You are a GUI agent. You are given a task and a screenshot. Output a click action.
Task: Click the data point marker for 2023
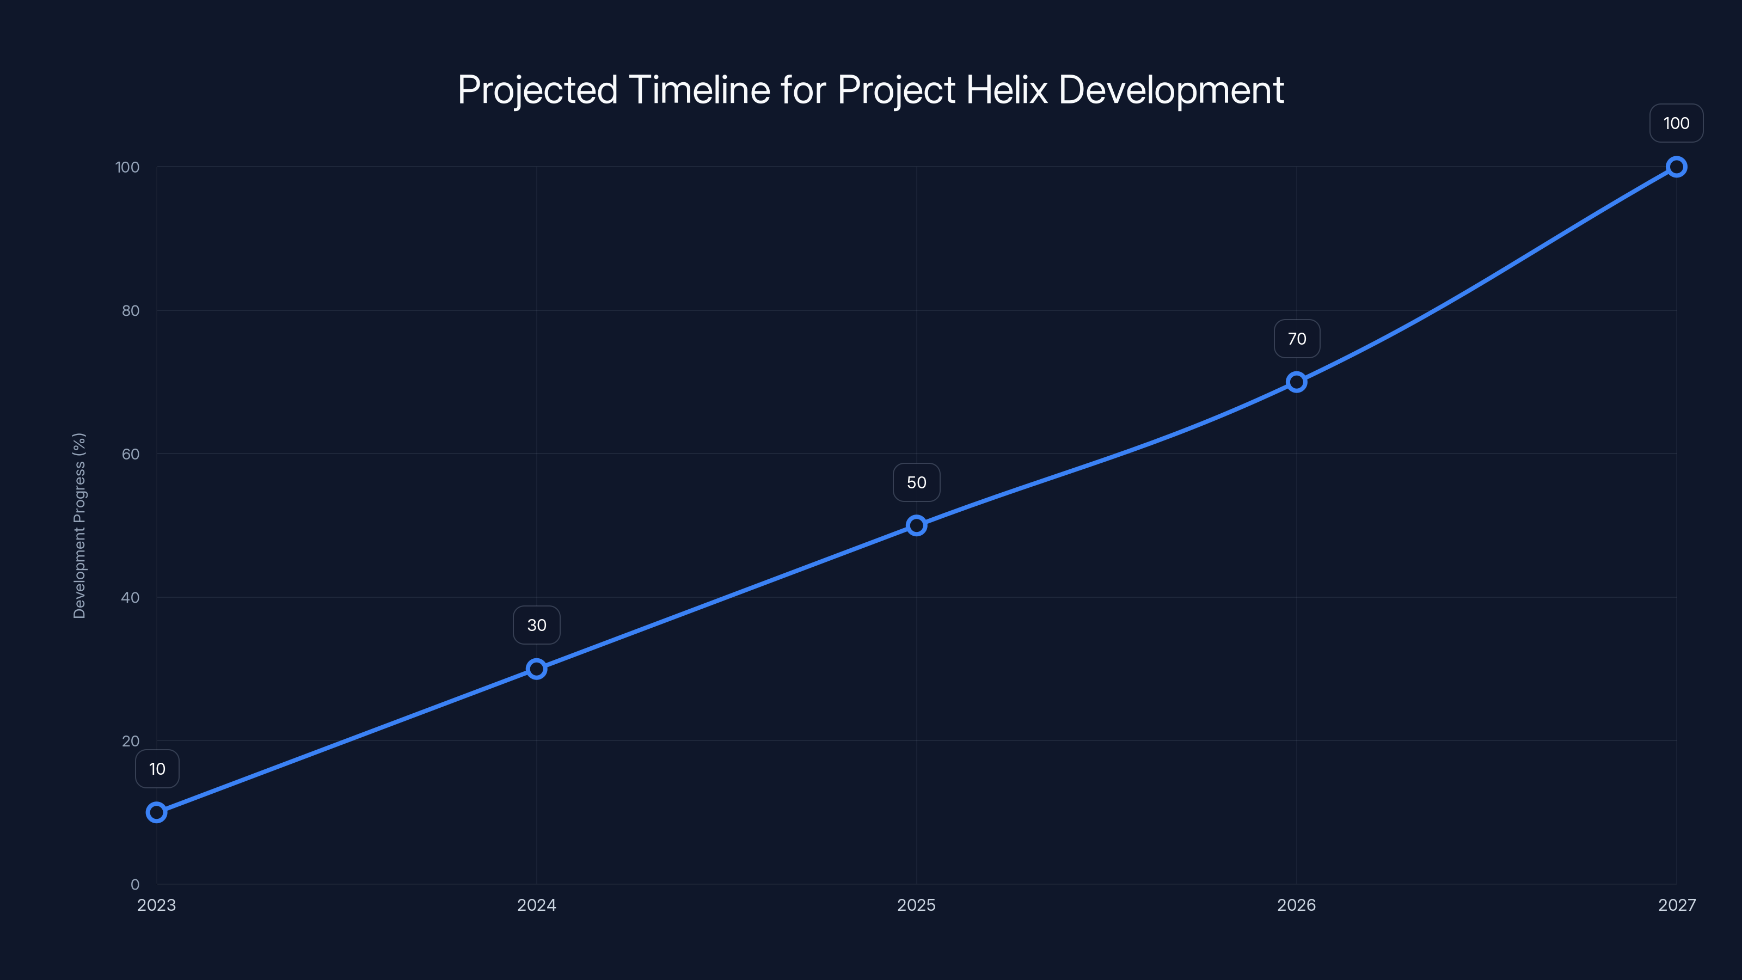click(x=157, y=812)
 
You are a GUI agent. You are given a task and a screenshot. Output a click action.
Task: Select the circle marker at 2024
click(x=536, y=669)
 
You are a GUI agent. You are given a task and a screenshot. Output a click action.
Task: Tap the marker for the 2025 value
click(x=916, y=525)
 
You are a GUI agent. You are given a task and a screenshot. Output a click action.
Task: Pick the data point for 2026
click(x=1296, y=382)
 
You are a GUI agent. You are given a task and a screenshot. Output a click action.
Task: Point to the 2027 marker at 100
click(x=1677, y=167)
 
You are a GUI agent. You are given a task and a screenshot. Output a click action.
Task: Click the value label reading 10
click(x=157, y=769)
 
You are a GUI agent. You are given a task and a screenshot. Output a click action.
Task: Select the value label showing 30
click(x=536, y=625)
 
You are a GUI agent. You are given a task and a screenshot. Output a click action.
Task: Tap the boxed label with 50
click(x=916, y=482)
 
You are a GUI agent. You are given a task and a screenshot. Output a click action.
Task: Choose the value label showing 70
click(x=1296, y=339)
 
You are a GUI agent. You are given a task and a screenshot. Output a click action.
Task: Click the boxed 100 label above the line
click(x=1677, y=123)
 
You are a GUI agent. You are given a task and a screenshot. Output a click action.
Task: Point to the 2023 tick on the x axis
click(x=157, y=905)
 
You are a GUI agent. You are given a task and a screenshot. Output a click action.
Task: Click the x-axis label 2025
click(x=916, y=905)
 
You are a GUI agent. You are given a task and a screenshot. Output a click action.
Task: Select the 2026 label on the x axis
click(x=1296, y=905)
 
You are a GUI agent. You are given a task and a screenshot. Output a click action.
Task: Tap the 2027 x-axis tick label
click(x=1677, y=905)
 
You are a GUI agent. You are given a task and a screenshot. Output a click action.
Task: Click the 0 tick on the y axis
click(x=134, y=884)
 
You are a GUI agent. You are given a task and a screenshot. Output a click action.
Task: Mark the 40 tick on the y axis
click(x=131, y=597)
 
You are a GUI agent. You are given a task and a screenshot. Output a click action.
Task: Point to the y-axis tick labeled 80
click(x=131, y=310)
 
